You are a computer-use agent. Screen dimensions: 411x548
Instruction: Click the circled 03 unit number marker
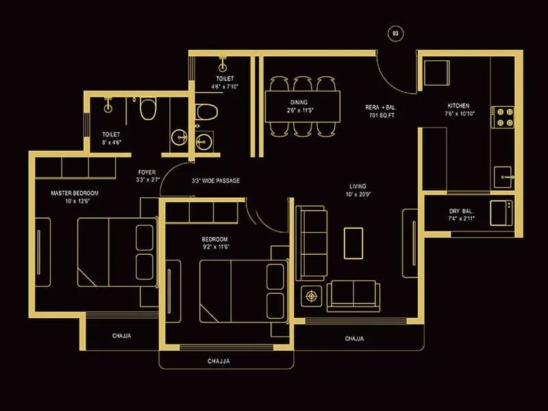(395, 33)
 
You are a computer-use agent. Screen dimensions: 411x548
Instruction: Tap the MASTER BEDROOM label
(75, 193)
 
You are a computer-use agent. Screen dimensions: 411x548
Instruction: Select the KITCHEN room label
(458, 106)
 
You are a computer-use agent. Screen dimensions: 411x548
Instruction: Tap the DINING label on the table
(299, 102)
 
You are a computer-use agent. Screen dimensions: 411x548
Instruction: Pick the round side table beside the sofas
(313, 296)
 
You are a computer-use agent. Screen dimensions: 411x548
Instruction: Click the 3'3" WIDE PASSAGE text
(216, 181)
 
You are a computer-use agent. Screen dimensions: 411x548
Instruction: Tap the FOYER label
(146, 172)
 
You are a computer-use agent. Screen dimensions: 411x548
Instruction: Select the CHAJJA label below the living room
(354, 338)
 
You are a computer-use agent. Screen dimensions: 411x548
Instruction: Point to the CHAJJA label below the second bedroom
(219, 360)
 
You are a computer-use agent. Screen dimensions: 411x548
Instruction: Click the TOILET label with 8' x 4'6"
(111, 134)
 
